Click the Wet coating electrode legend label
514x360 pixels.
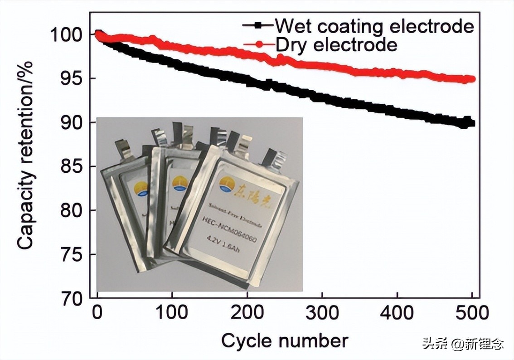[374, 26]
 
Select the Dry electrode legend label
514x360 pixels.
[336, 44]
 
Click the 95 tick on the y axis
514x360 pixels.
[73, 79]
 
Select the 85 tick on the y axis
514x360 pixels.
[73, 167]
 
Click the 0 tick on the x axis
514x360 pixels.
[97, 313]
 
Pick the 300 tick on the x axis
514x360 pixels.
[321, 313]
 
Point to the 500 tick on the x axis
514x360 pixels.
[471, 313]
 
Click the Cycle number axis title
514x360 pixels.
[285, 340]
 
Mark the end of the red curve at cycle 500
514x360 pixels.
[472, 79]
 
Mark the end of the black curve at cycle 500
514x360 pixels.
[471, 123]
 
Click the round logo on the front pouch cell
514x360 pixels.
[225, 184]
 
